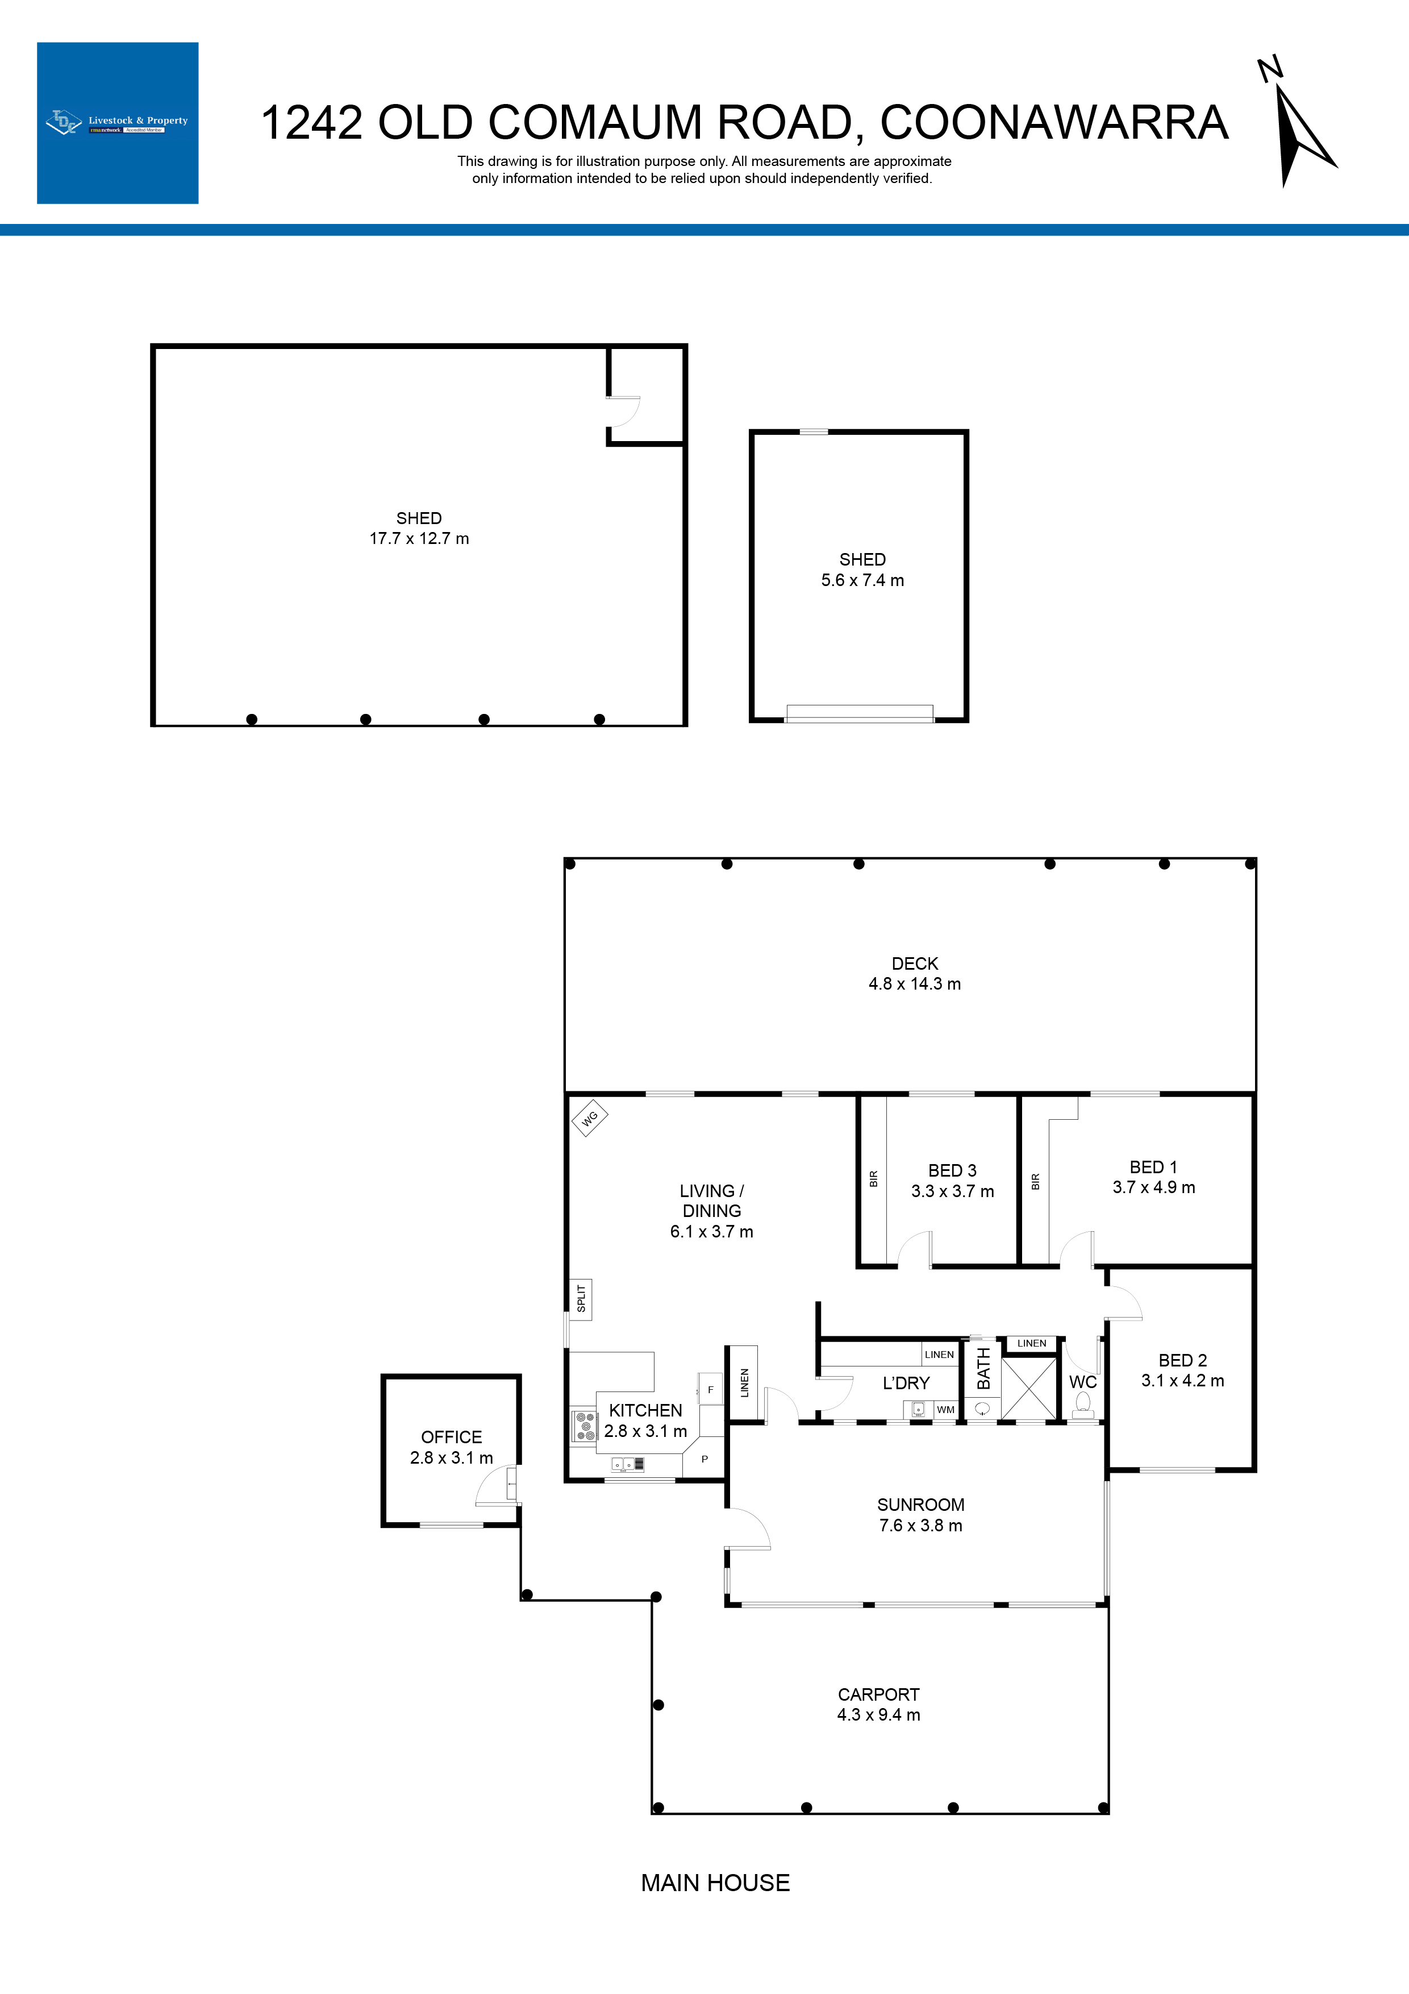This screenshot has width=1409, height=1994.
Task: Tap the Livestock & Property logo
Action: pos(117,122)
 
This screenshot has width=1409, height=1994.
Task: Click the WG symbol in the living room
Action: pos(590,1119)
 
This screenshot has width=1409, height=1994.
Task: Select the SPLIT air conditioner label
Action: pos(581,1299)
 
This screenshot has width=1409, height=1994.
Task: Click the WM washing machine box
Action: pos(945,1410)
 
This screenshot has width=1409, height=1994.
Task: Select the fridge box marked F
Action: pos(710,1390)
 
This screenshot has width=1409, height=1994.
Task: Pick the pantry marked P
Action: pos(704,1459)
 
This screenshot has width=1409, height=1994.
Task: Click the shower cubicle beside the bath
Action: pos(1029,1389)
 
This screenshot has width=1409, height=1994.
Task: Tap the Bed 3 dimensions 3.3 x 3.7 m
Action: pos(952,1191)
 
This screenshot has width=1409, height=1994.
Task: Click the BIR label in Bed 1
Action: pos(1035,1181)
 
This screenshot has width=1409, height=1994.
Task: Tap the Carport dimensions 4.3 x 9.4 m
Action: pos(878,1714)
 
